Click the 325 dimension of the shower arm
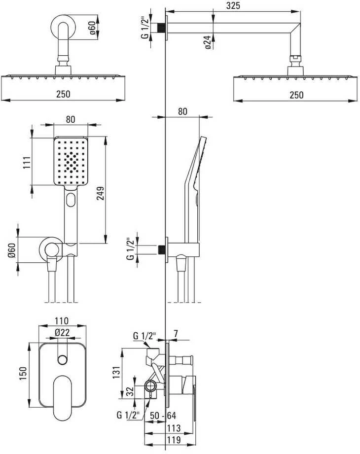(x=233, y=5)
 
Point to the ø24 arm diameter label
(x=208, y=42)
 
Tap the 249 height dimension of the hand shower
(x=100, y=193)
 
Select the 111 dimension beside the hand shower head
(x=27, y=163)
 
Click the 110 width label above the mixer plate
(x=62, y=320)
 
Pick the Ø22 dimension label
(x=63, y=333)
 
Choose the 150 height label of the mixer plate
(x=23, y=374)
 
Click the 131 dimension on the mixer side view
(x=116, y=372)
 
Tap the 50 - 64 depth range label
(x=163, y=416)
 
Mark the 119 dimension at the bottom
(x=174, y=440)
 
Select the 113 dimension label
(x=174, y=428)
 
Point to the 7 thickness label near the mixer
(x=176, y=334)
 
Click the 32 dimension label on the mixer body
(x=131, y=391)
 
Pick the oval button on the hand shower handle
(x=71, y=200)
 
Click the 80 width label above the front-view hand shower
(x=71, y=119)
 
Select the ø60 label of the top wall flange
(x=92, y=28)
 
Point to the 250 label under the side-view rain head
(x=296, y=95)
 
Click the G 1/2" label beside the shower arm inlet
(x=144, y=28)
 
